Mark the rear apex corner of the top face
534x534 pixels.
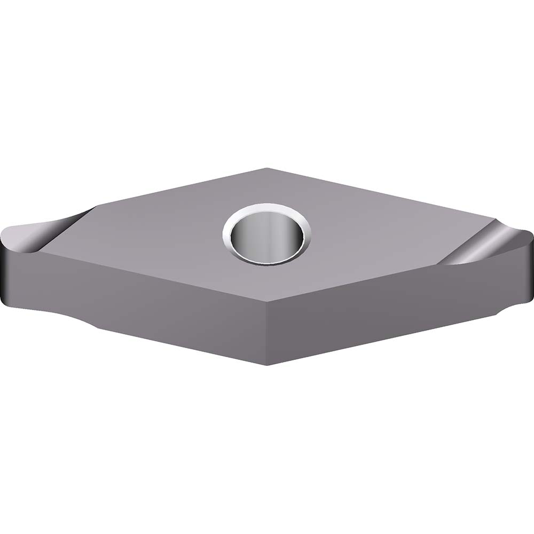pyautogui.click(x=267, y=168)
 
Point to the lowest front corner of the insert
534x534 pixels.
pyautogui.click(x=269, y=365)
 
